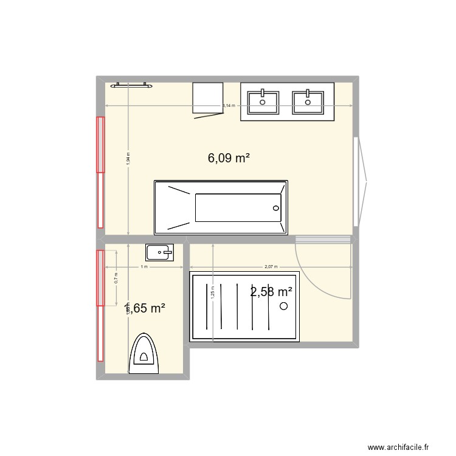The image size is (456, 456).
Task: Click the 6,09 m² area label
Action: point(229,158)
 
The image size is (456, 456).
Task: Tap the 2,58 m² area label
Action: point(271,292)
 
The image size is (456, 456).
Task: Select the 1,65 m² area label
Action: point(145,308)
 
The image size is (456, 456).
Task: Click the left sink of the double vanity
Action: point(263,101)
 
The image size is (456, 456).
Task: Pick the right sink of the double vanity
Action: point(308,101)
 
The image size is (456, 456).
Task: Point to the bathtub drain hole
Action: point(276,208)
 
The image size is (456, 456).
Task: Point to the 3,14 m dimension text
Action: point(229,106)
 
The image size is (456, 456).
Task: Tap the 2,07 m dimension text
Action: point(271,267)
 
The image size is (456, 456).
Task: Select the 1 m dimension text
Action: point(143,267)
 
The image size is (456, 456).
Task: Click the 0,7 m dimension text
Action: point(116,278)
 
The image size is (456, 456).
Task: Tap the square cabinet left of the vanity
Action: point(207,97)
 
